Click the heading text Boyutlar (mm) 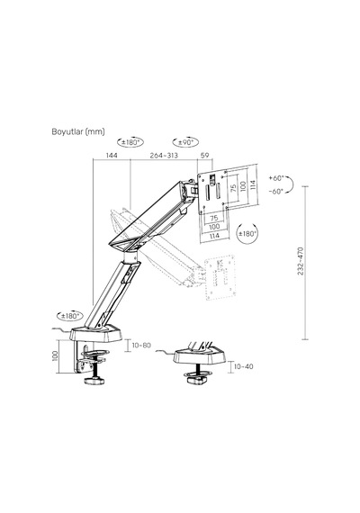click(78, 131)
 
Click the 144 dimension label click(112, 155)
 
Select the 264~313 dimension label click(164, 155)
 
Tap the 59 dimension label click(204, 155)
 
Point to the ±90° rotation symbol click(185, 142)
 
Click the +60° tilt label click(276, 178)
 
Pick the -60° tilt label click(276, 192)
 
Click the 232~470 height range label click(301, 261)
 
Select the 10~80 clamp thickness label click(141, 346)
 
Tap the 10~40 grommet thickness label click(244, 366)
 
